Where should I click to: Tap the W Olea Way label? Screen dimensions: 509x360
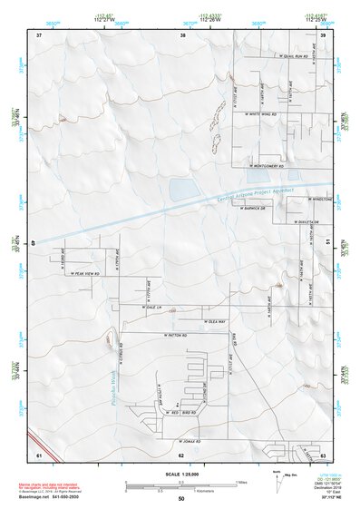tap(214, 321)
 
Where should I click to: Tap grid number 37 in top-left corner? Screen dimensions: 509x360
tap(39, 34)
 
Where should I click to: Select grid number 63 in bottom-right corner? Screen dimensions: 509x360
tap(323, 455)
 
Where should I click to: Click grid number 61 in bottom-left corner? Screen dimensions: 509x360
tap(38, 455)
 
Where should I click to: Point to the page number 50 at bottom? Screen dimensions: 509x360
tap(180, 499)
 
